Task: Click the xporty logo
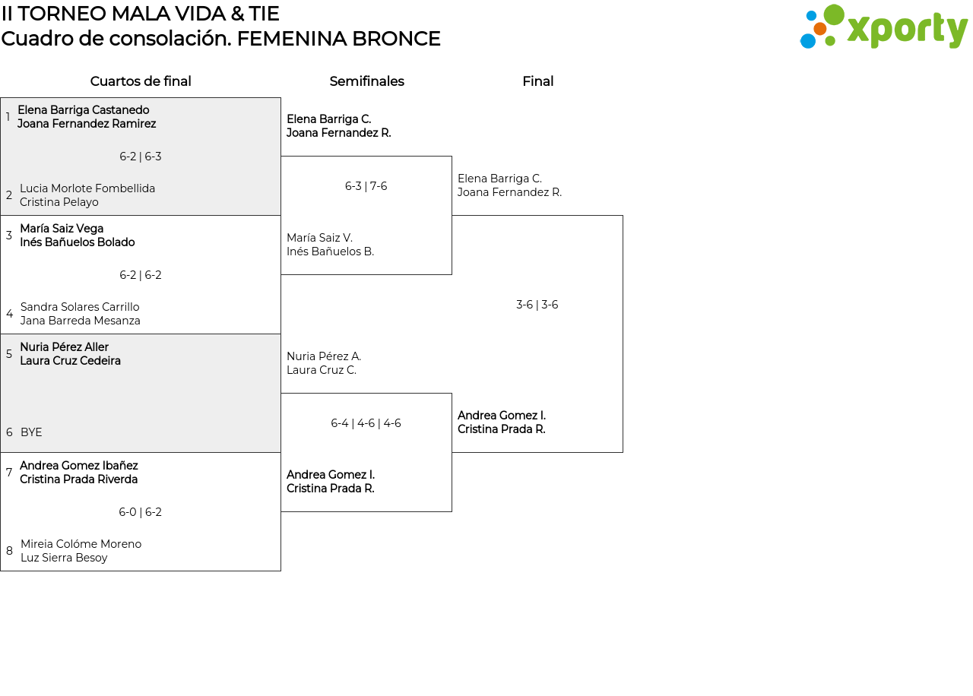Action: [x=883, y=27]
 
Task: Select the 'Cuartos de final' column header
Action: [x=141, y=81]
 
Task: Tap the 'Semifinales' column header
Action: [x=366, y=81]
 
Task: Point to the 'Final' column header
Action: [x=537, y=81]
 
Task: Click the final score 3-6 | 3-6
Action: [x=537, y=305]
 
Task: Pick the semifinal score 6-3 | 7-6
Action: [x=366, y=186]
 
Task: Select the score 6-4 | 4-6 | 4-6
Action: [x=366, y=423]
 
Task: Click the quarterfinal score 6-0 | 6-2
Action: [x=140, y=512]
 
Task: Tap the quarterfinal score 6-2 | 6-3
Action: [x=140, y=157]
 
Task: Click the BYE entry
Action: [x=31, y=432]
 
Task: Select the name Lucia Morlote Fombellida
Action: [x=87, y=188]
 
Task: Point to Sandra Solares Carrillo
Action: [x=80, y=307]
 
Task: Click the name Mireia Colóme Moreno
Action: [x=81, y=544]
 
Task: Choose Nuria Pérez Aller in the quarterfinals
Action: [x=64, y=347]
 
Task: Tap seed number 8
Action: [x=9, y=551]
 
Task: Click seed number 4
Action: [x=9, y=314]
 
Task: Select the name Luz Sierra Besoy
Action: [x=64, y=558]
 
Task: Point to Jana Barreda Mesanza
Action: [x=80, y=321]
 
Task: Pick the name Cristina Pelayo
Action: [x=59, y=202]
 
